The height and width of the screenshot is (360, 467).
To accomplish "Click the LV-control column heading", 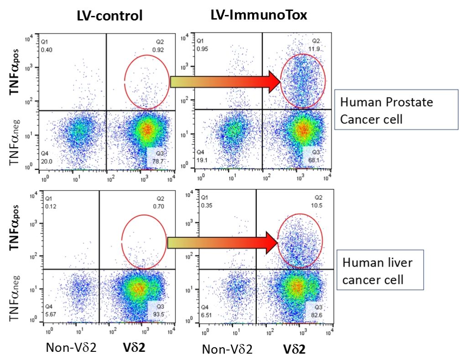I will (109, 16).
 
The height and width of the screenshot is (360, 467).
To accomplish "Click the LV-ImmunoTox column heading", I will (259, 15).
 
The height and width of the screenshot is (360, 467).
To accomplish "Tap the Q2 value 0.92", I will (162, 49).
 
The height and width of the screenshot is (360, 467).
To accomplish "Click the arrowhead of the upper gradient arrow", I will (273, 82).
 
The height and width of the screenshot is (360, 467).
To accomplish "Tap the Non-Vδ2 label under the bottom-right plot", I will (227, 350).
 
